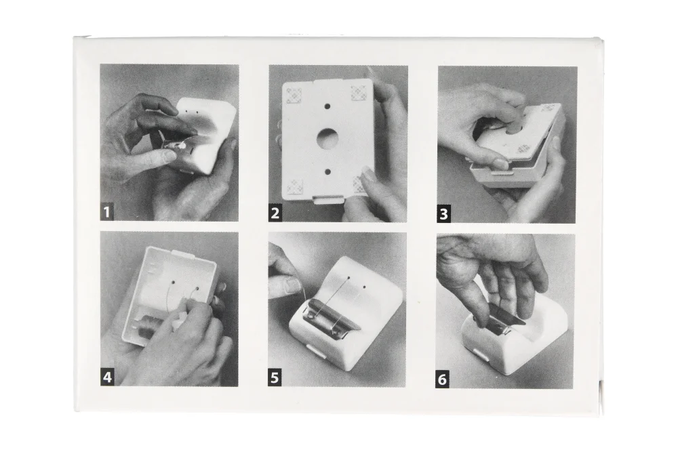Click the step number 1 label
107,213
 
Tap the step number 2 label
275,213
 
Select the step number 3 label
443,215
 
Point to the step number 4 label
107,377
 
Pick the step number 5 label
275,378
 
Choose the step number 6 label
442,380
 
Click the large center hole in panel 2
327,139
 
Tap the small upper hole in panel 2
327,106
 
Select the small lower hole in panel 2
327,172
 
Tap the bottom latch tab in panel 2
327,199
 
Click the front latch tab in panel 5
315,350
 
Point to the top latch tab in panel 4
184,253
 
